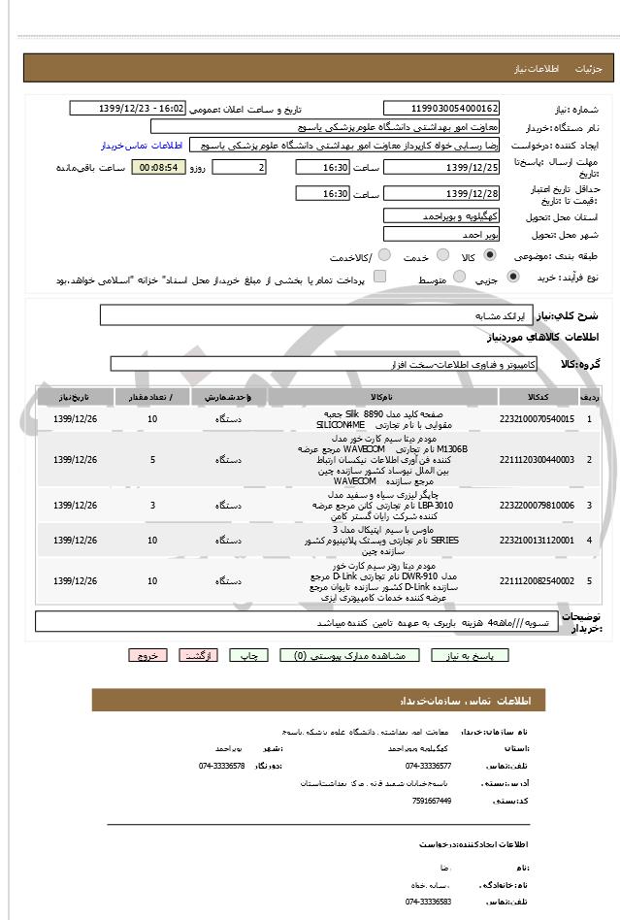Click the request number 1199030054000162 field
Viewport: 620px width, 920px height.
(x=441, y=109)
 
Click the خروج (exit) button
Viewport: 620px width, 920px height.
(x=147, y=655)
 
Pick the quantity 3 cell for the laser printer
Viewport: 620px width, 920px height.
(x=152, y=506)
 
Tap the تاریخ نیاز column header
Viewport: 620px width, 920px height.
(x=75, y=397)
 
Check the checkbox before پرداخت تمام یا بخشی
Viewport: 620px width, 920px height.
(x=379, y=278)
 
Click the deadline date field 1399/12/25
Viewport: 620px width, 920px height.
(x=441, y=168)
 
